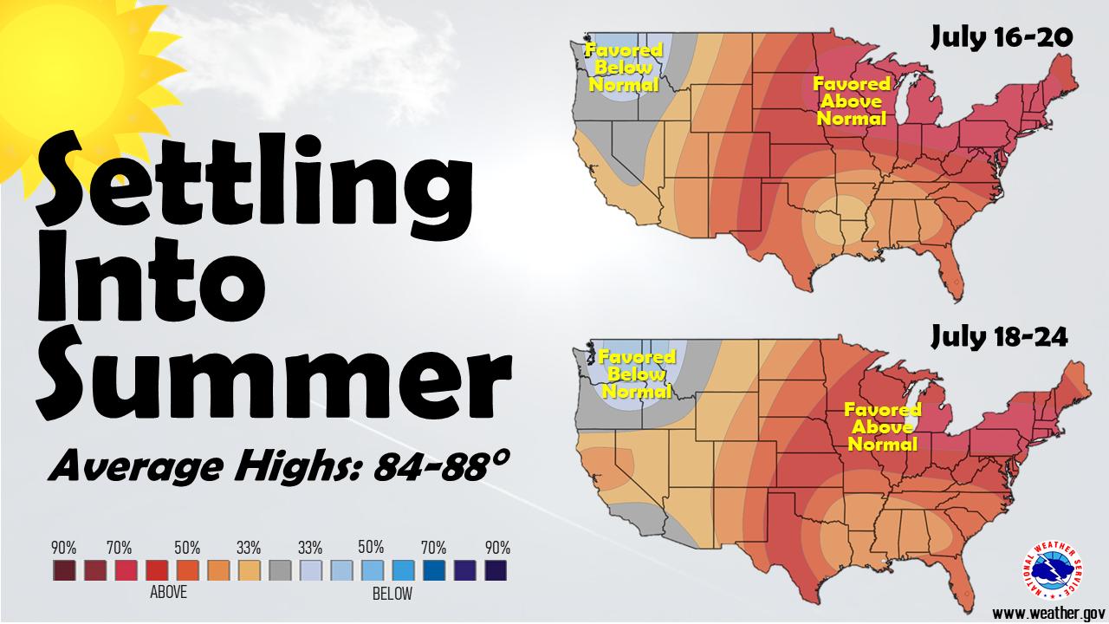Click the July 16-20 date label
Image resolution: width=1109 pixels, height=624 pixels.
coord(1002,38)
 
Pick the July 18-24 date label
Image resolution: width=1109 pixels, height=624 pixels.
coord(999,338)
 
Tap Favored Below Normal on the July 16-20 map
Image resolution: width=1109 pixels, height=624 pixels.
coord(623,68)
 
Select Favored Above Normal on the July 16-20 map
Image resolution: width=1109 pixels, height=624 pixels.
coord(852,101)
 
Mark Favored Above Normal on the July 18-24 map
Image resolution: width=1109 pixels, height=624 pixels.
coord(882,426)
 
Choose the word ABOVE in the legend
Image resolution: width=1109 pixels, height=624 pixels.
coord(168,594)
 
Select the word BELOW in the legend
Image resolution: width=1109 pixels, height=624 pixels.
coord(392,594)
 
